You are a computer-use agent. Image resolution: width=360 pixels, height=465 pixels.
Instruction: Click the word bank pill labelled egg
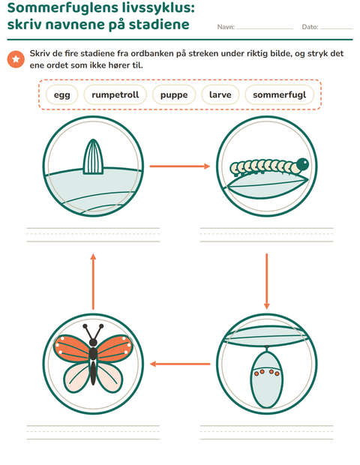(x=62, y=95)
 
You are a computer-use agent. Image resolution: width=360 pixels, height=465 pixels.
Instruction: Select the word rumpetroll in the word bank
(x=115, y=95)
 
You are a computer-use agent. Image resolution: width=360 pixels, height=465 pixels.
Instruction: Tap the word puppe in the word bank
(x=174, y=95)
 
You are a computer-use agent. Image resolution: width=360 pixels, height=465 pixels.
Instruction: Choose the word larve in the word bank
(x=220, y=95)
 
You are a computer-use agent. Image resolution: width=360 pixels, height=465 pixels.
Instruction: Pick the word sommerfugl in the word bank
(x=279, y=95)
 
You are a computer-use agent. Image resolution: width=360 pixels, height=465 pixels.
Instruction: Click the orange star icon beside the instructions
(x=16, y=59)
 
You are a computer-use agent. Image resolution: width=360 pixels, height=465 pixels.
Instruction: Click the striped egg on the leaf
(x=93, y=157)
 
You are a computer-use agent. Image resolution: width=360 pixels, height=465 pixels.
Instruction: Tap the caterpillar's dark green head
(x=302, y=164)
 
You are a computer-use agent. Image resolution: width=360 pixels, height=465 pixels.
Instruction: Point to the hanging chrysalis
(x=266, y=376)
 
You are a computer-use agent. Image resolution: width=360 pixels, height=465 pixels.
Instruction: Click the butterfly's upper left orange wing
(x=73, y=349)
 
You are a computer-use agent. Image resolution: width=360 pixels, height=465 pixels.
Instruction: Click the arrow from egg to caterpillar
(x=180, y=166)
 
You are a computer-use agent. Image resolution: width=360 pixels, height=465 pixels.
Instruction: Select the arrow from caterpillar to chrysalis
(x=266, y=281)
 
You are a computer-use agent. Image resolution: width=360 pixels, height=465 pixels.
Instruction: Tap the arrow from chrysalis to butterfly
(x=180, y=364)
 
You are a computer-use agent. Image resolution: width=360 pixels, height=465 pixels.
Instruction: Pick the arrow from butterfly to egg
(x=93, y=282)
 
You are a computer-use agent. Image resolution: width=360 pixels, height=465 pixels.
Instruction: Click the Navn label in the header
(x=226, y=27)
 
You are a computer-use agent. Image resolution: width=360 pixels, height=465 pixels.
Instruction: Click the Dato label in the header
(x=310, y=27)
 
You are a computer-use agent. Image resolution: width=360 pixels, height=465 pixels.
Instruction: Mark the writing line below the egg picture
(x=93, y=235)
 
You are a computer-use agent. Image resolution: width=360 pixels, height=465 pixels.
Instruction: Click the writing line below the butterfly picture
(x=93, y=433)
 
